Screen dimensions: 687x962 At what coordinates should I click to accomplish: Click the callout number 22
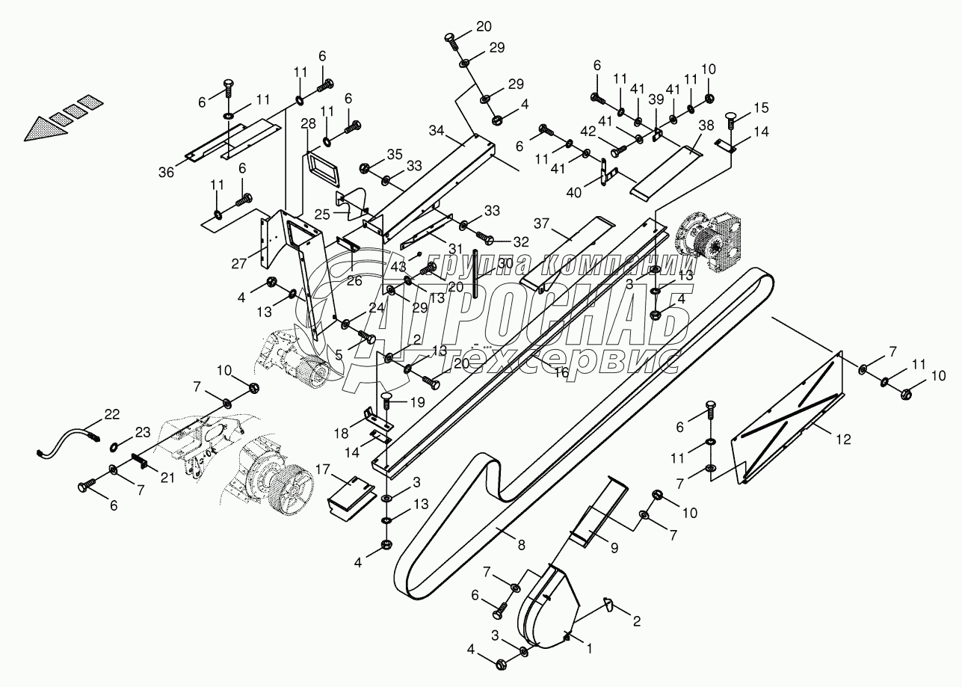(111, 415)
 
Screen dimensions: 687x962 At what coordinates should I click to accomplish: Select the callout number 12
(842, 440)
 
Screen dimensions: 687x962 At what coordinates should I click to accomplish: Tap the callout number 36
(166, 172)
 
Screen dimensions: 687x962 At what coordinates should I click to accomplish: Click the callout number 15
(762, 108)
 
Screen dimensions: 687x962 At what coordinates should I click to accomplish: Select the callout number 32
(521, 241)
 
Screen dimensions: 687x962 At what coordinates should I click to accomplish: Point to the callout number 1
(589, 650)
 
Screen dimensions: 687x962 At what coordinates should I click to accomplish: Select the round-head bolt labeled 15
(732, 120)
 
